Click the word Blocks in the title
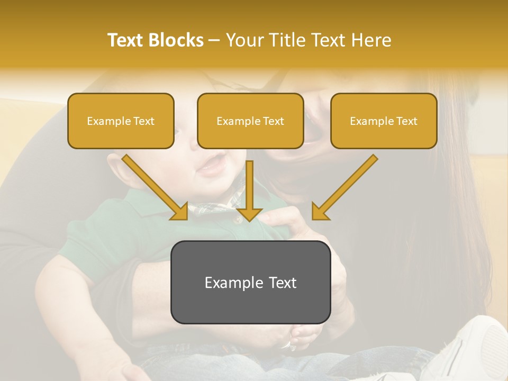point(177,40)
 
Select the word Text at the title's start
point(126,40)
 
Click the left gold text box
point(121,121)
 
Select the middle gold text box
point(250,121)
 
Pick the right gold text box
point(384,121)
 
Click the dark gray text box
point(250,282)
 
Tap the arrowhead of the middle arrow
point(249,213)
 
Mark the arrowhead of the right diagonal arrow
point(320,211)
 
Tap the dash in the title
point(214,40)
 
